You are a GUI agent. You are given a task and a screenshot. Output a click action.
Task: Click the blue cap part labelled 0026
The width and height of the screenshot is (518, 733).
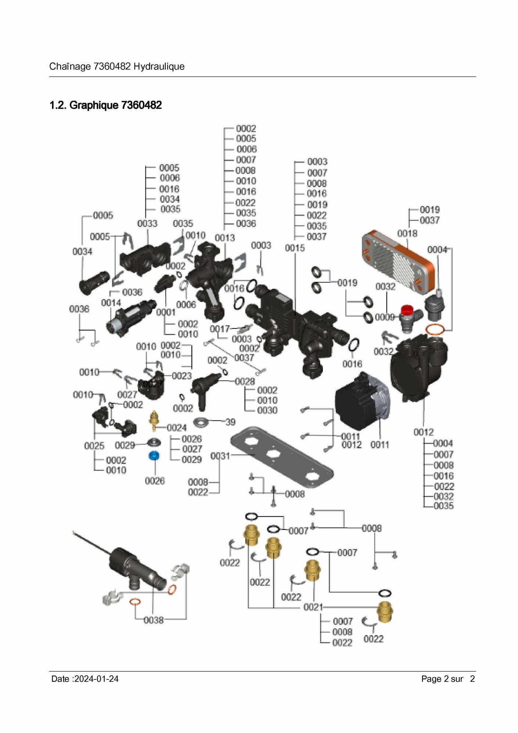(x=154, y=456)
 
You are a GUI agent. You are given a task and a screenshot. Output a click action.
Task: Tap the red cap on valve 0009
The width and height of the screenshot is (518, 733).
(x=406, y=310)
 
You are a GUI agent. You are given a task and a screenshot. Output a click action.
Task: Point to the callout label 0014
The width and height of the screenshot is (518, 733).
(x=111, y=303)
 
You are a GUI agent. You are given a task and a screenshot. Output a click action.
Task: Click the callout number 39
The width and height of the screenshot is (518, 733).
(x=230, y=422)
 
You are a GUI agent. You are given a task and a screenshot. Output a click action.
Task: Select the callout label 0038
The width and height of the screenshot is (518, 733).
(x=154, y=620)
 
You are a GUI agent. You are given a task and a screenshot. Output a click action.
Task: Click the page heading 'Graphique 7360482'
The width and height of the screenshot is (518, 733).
(x=105, y=105)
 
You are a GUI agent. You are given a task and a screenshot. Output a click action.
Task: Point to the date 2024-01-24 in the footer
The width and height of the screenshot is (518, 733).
(x=96, y=679)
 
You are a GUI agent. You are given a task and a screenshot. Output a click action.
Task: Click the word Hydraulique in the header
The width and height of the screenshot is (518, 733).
(x=159, y=67)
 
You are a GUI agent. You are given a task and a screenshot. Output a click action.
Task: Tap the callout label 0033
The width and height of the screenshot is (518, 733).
(x=147, y=223)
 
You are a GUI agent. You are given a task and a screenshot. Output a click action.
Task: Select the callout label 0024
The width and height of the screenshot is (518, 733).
(x=177, y=428)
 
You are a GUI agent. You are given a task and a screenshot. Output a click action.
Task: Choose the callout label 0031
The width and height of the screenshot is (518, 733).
(x=220, y=456)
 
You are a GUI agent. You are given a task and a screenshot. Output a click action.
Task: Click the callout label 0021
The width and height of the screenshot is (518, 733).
(x=313, y=607)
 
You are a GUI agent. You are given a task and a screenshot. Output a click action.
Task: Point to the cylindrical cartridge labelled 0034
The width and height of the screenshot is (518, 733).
(x=94, y=282)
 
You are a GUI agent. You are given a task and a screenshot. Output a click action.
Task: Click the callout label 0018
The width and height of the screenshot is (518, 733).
(x=407, y=233)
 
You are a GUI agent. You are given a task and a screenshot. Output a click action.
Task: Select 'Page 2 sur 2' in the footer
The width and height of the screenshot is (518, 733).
(x=448, y=679)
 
